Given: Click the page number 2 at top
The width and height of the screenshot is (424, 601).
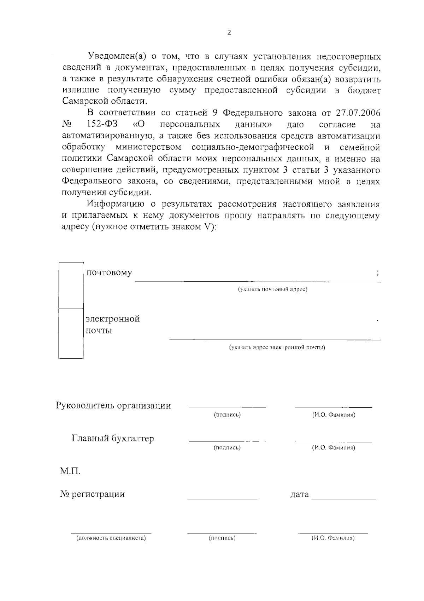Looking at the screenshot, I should click(229, 33).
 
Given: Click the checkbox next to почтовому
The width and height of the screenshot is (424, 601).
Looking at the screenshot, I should click(71, 285).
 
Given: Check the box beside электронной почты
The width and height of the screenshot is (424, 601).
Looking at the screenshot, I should click(71, 333).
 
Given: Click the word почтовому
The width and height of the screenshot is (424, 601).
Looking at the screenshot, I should click(109, 273).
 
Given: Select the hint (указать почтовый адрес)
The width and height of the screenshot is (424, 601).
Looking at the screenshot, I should click(272, 289).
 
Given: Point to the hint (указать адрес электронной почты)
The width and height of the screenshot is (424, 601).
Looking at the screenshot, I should click(277, 347).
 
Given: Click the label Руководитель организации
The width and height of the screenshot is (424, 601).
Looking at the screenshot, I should click(113, 406).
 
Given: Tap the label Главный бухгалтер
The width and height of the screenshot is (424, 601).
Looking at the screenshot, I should click(113, 439).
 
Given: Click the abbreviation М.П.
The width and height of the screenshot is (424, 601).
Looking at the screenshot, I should click(70, 471).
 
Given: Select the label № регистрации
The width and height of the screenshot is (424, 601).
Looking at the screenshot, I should click(93, 494).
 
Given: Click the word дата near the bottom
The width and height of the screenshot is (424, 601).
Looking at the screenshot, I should click(299, 494).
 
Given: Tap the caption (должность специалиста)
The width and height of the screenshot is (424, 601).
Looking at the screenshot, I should click(111, 538).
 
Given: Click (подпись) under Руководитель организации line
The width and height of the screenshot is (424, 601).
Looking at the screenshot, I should click(227, 415).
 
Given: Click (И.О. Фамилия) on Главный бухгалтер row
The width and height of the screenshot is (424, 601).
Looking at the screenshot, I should click(333, 448).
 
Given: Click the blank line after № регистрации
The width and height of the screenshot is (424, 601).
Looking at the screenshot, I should click(222, 498).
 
